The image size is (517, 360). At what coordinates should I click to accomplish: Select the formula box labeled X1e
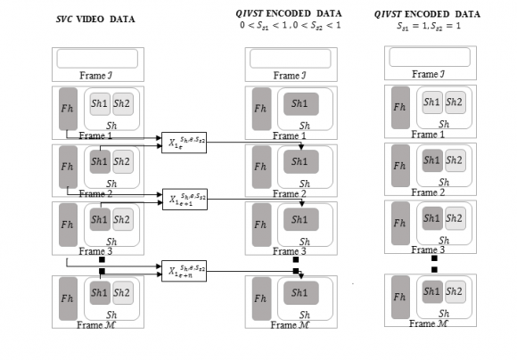(x=184, y=142)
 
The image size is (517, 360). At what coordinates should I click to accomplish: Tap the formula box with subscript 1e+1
(x=184, y=199)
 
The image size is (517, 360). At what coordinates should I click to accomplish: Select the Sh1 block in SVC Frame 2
(x=100, y=161)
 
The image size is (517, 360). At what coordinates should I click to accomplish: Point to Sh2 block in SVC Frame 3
(x=122, y=219)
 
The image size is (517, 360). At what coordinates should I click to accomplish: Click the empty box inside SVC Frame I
(x=95, y=58)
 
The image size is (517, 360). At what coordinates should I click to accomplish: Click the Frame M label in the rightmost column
(x=431, y=323)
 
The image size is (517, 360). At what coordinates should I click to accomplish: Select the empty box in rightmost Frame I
(x=431, y=55)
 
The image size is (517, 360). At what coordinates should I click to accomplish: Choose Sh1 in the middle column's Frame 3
(x=301, y=219)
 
